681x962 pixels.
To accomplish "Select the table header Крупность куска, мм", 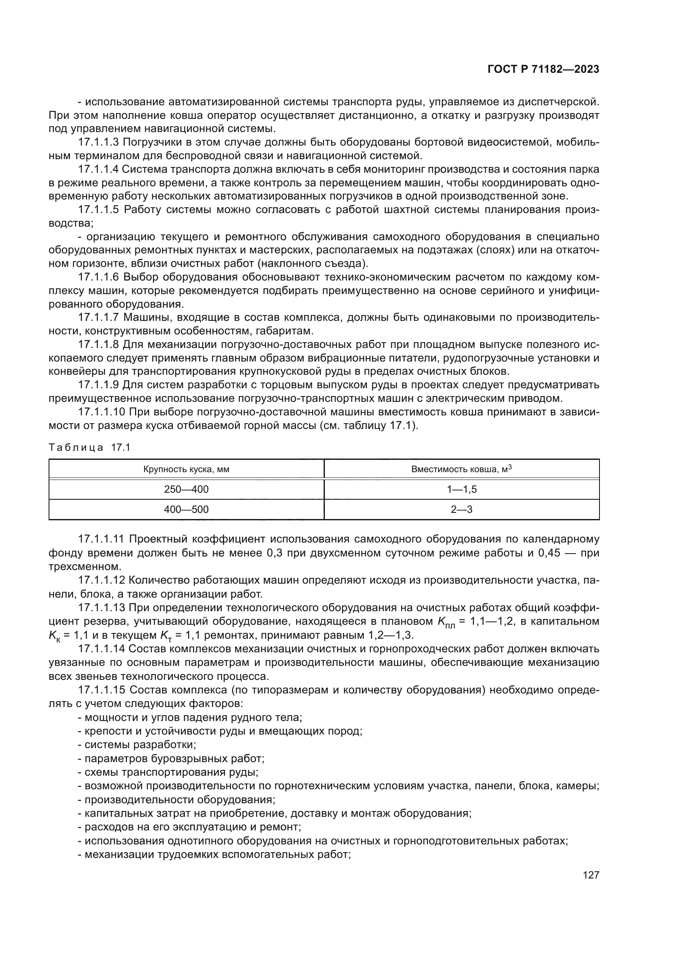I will tap(186, 469).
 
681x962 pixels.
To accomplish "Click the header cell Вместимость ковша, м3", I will tap(461, 469).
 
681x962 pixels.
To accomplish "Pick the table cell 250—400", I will tap(186, 489).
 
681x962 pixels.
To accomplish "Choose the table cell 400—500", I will tap(186, 510).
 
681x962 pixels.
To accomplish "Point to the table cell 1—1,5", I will tap(461, 489).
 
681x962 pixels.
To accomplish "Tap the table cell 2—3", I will tap(461, 510).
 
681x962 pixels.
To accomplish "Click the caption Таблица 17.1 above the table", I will tap(90, 447).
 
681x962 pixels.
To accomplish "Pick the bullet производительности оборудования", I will tap(177, 800).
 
